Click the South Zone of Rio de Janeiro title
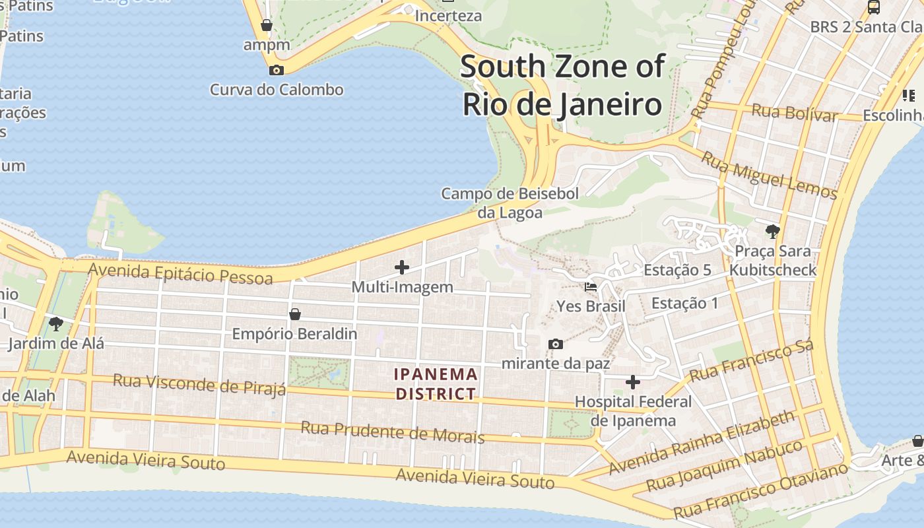(x=562, y=86)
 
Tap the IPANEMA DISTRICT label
(x=436, y=384)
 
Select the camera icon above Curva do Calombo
(x=277, y=70)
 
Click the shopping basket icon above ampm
(x=267, y=26)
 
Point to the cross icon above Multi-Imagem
(x=401, y=267)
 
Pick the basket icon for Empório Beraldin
(x=295, y=314)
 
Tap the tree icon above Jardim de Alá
(x=56, y=323)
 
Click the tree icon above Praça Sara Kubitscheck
(x=772, y=231)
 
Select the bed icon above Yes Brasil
(x=591, y=287)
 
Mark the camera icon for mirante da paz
(x=556, y=344)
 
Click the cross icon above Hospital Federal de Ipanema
(x=632, y=382)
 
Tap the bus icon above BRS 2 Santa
(x=874, y=7)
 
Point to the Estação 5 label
(x=677, y=270)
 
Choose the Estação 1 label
(x=684, y=303)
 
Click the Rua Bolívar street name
(x=795, y=112)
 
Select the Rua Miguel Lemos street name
(x=769, y=176)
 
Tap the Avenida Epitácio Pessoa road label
(x=180, y=273)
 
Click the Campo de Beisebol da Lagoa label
(x=510, y=203)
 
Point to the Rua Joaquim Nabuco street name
(x=724, y=466)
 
